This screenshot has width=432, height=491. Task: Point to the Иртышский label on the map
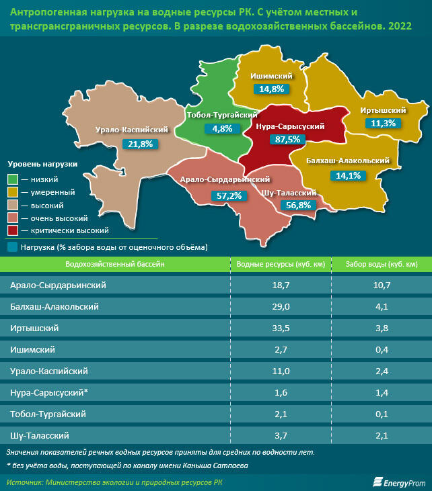pyautogui.click(x=382, y=110)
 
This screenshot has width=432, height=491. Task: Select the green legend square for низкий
pyautogui.click(x=13, y=179)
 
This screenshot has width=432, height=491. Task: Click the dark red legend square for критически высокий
pyautogui.click(x=13, y=230)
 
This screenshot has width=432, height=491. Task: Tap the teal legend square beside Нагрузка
pyautogui.click(x=13, y=247)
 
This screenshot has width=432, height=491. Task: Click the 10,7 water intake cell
pyautogui.click(x=382, y=285)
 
